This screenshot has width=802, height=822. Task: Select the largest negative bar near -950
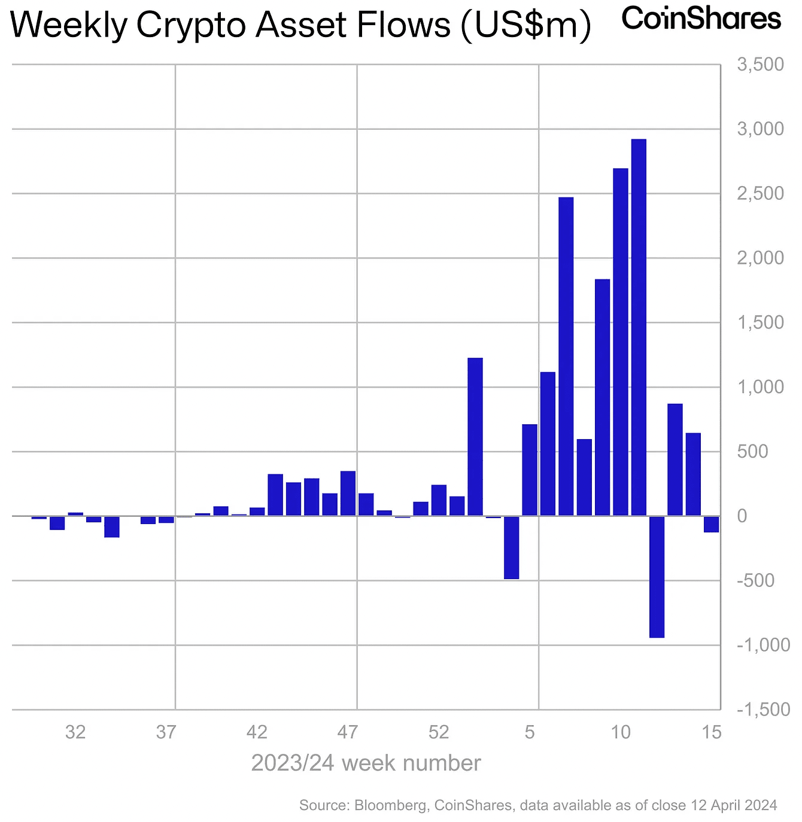(x=657, y=577)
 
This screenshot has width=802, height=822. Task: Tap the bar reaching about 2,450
(x=566, y=357)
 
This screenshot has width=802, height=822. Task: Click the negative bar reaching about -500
(x=511, y=547)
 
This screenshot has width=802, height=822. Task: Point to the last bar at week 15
(x=711, y=524)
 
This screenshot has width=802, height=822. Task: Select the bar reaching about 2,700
(x=621, y=342)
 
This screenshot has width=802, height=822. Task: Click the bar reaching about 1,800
(x=602, y=398)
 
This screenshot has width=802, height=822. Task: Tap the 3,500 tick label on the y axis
(x=760, y=65)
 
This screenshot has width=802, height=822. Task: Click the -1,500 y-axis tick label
(x=763, y=710)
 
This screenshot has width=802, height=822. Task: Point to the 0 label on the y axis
(x=742, y=516)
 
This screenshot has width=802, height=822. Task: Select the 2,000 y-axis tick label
(x=760, y=258)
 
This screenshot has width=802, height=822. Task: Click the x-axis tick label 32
(x=75, y=732)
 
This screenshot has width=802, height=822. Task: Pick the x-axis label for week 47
(x=348, y=732)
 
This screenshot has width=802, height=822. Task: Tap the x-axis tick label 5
(x=530, y=732)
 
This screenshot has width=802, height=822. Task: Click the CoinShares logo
(x=701, y=19)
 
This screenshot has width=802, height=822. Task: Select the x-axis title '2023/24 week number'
(x=366, y=763)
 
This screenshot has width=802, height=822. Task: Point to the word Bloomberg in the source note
(x=391, y=805)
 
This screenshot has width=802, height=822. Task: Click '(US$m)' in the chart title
(x=526, y=25)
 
